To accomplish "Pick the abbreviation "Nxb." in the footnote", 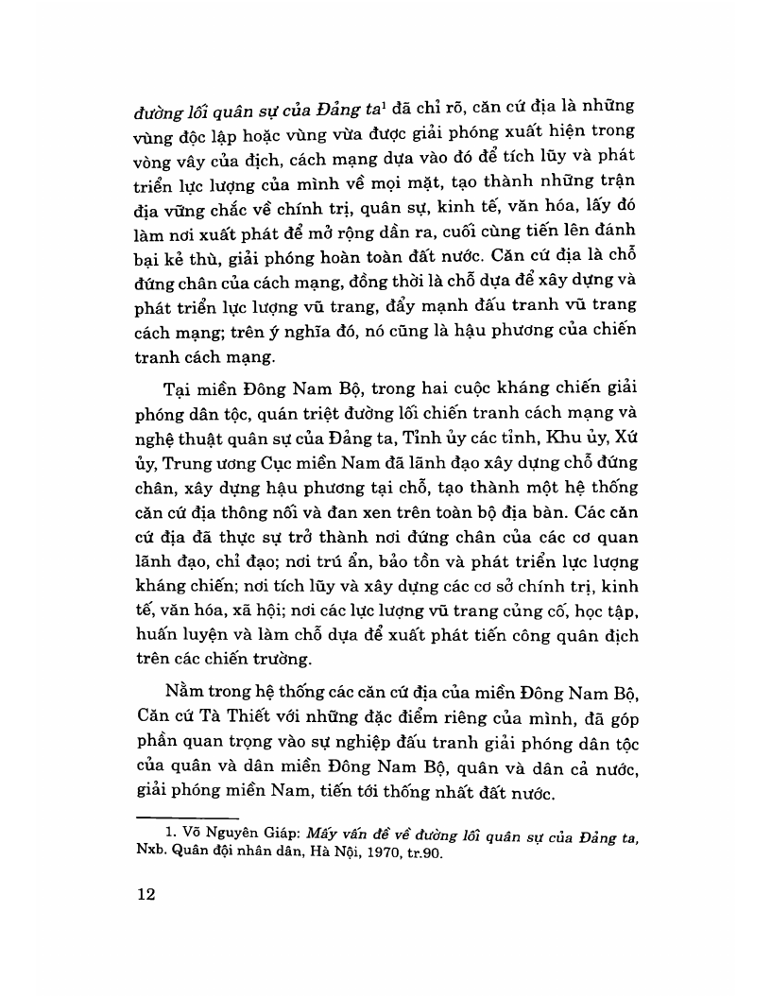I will [151, 851].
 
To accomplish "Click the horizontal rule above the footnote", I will [187, 816].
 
